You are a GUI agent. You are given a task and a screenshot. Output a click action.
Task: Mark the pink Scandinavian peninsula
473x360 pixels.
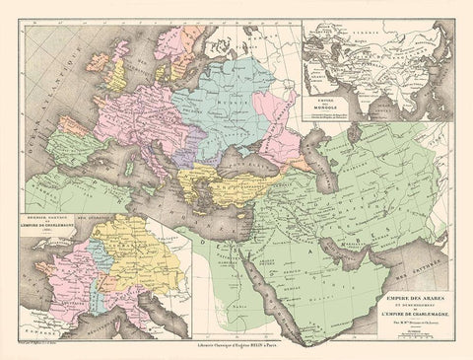(163, 44)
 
